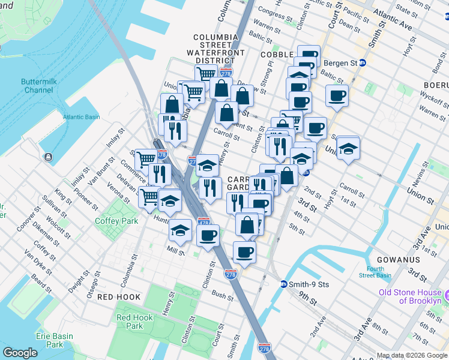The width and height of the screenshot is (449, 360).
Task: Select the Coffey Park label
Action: point(113,220)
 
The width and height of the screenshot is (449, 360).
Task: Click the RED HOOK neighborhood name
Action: point(119,297)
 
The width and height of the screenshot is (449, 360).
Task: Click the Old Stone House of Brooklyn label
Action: point(410,296)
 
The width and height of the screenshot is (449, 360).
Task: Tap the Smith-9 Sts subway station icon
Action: point(284,284)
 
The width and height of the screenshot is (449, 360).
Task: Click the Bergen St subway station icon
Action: point(363,62)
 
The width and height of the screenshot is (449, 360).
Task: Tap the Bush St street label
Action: point(222,296)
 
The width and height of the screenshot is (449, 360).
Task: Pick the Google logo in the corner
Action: point(20,352)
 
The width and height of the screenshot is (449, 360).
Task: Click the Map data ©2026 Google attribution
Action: point(412,355)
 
